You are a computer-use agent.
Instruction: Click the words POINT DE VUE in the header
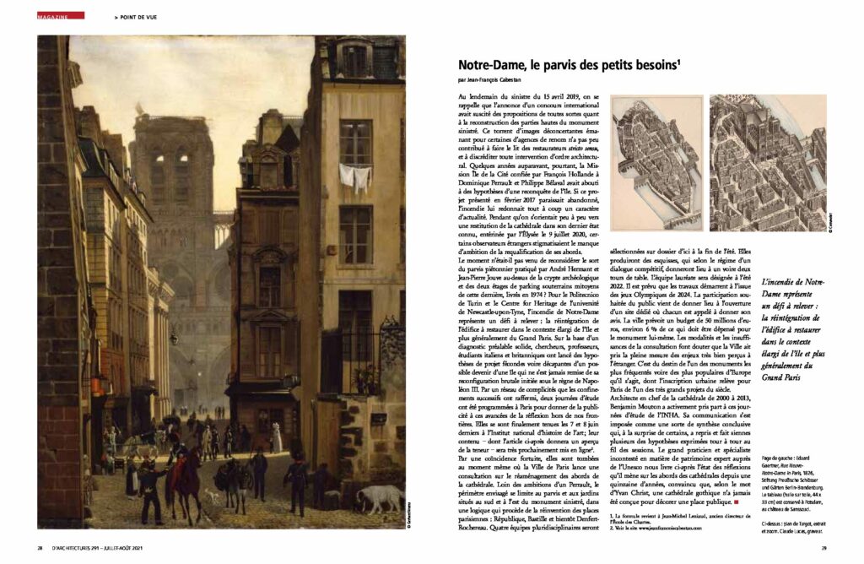(138, 16)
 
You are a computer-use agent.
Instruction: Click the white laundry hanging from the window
(355, 176)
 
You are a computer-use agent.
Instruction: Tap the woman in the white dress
(276, 438)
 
